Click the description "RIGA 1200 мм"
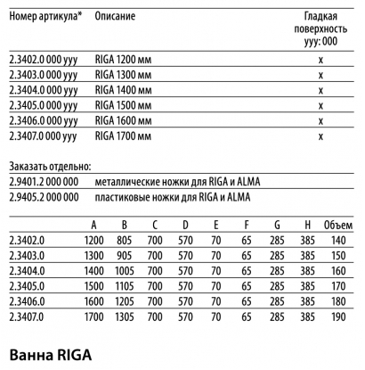pyautogui.click(x=126, y=58)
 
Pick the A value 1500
pyautogui.click(x=93, y=285)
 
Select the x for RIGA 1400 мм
pyautogui.click(x=320, y=89)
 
